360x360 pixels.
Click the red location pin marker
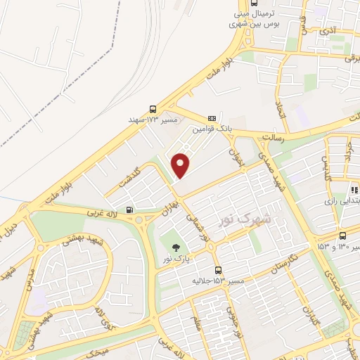(181, 165)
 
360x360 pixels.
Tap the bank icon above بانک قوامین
(212, 118)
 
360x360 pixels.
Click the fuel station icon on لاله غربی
(129, 210)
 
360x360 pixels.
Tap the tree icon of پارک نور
(174, 247)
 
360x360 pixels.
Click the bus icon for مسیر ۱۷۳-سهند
(153, 109)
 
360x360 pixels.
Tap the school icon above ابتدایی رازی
(354, 190)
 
